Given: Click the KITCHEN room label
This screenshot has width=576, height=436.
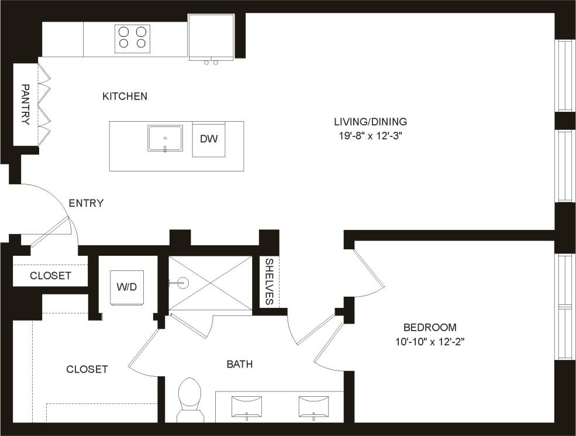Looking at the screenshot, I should coord(125,96).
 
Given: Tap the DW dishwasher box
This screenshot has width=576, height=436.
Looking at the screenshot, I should coord(209,139).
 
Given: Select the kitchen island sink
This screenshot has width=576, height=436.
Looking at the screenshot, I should coord(165,138).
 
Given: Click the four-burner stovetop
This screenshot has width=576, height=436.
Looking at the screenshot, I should coord(132,37).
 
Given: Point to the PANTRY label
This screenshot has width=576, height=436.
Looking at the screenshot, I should coord(25,104).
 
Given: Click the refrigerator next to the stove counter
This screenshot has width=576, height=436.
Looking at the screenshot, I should coord(211,36).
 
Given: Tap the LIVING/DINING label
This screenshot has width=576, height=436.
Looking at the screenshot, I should coord(370,122).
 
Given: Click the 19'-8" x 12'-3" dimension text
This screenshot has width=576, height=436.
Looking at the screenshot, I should coord(370,136).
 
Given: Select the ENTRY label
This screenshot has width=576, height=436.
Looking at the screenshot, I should coord(86,204).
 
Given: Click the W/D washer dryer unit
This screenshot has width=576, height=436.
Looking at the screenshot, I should coord(127,287).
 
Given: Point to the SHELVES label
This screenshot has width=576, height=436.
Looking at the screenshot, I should coord(270,281).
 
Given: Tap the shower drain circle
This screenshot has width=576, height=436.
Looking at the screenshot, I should coord(182,283).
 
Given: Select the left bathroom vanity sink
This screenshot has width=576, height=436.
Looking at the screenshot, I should coord(247,406).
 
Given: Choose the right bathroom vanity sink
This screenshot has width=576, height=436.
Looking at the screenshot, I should coord(314,406).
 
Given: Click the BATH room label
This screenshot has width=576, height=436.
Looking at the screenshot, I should coord(240,365).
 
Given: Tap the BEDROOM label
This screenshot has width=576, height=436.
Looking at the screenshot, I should coord(430,328).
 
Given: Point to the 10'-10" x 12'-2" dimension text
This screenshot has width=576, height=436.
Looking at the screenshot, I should coord(430,341).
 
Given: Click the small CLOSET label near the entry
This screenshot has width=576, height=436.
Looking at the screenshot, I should coord(50,276).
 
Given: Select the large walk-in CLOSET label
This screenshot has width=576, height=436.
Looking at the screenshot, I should coord(87,369).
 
